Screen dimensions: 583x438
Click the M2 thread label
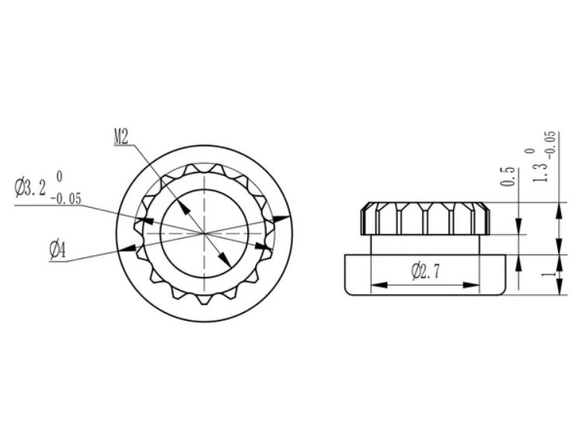click(x=120, y=138)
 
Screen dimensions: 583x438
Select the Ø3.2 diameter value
click(x=30, y=187)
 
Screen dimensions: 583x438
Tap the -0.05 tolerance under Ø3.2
click(x=65, y=198)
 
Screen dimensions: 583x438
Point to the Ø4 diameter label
click(x=58, y=251)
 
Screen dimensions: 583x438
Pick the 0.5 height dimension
click(x=508, y=177)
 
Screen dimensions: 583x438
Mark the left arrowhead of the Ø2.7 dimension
click(x=379, y=285)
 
